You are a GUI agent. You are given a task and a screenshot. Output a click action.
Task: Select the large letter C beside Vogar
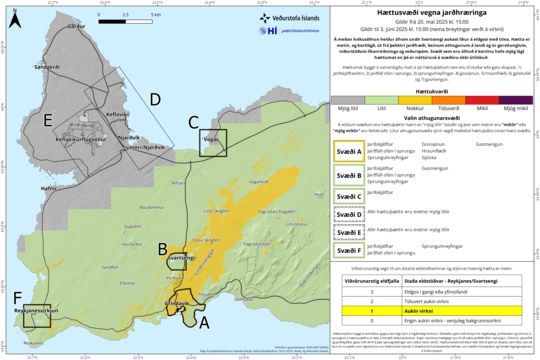click(x=193, y=122)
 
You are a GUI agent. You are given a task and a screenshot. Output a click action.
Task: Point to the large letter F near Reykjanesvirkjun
click(x=17, y=298)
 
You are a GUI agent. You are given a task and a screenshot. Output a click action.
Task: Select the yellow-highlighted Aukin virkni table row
click(x=434, y=312)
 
